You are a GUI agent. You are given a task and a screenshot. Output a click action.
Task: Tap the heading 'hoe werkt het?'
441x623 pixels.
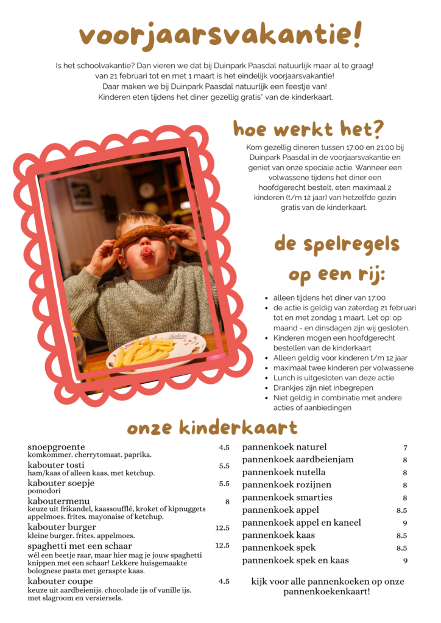click(x=309, y=128)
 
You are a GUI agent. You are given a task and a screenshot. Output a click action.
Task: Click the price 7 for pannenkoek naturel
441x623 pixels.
click(x=405, y=448)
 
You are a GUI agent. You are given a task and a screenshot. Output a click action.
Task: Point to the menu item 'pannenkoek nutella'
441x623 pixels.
click(x=284, y=472)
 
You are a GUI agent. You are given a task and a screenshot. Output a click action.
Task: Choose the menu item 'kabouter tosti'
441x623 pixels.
click(x=57, y=465)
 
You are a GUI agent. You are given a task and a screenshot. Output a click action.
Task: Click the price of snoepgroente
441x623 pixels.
click(x=224, y=448)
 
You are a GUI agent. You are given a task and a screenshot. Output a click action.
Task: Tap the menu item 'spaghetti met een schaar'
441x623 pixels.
click(x=80, y=546)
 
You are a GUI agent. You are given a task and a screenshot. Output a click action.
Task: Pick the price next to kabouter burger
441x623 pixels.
click(x=222, y=528)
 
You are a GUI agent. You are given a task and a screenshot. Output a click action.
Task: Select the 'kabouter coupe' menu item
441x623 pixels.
click(x=60, y=581)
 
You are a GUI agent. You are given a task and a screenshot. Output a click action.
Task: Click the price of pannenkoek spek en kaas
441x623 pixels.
click(x=405, y=561)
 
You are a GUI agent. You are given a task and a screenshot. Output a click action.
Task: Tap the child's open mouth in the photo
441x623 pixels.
click(x=147, y=252)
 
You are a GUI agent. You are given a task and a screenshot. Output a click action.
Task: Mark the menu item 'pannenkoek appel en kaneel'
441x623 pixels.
click(x=302, y=523)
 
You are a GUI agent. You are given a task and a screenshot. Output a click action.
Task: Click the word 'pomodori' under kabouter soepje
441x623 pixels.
click(x=44, y=491)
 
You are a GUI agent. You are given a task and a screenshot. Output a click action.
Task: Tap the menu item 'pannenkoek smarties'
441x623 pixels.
click(x=288, y=497)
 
